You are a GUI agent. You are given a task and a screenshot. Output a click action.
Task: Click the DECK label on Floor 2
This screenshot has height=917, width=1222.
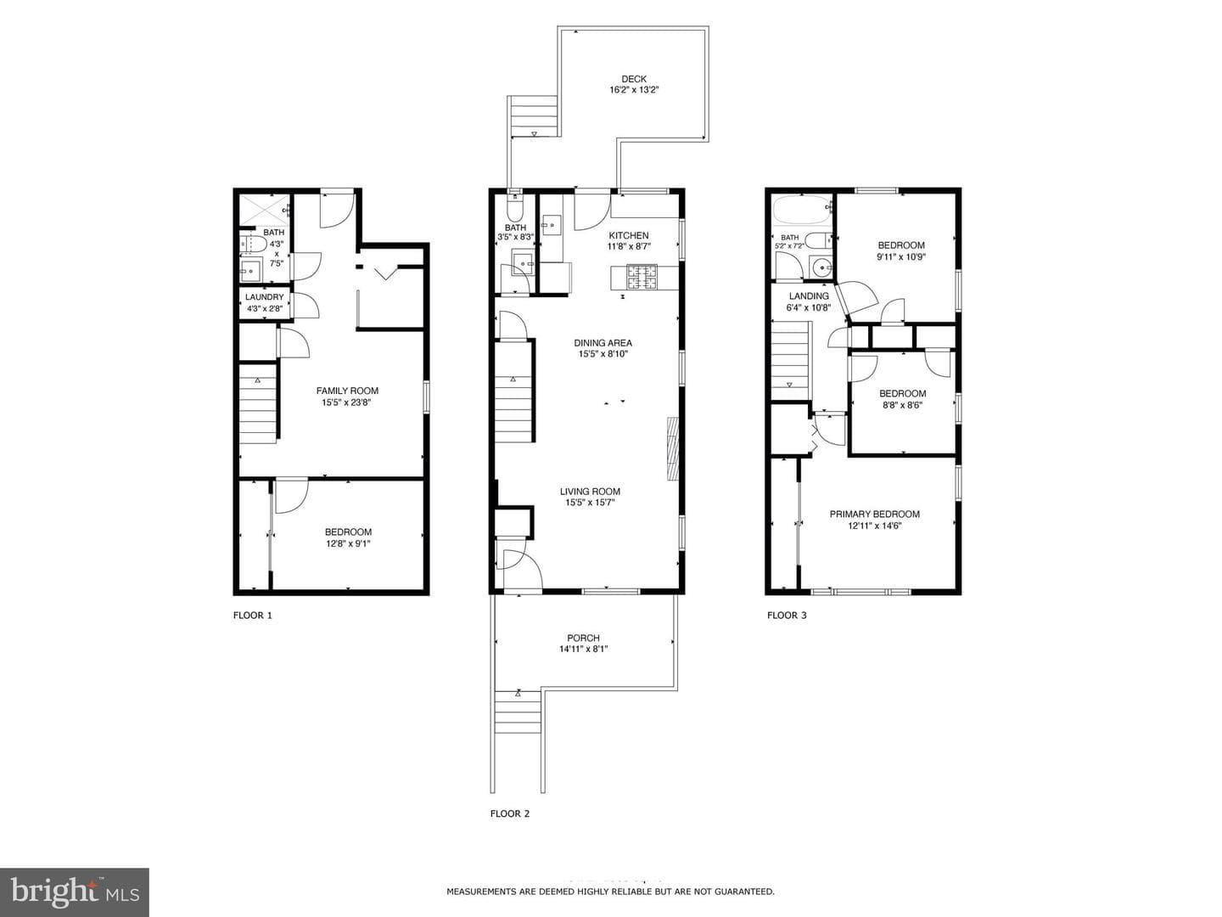coord(634,79)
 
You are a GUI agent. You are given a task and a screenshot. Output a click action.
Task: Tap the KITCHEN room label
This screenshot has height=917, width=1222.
coord(629,235)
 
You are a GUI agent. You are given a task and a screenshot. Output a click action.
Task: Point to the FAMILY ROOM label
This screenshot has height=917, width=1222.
coord(347,391)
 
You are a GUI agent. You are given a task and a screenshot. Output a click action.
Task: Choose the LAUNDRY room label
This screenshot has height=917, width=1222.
coord(265,297)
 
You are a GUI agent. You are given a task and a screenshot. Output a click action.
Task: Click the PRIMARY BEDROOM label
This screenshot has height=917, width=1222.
coord(875,514)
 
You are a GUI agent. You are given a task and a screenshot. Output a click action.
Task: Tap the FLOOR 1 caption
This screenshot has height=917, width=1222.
coord(253,616)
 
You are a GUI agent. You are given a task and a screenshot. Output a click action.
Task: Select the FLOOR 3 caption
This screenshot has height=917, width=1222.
coord(787,616)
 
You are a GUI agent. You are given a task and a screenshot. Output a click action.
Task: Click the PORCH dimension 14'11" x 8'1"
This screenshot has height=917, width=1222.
coord(584,649)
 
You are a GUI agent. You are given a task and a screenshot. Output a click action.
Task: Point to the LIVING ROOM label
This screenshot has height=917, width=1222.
coord(590,492)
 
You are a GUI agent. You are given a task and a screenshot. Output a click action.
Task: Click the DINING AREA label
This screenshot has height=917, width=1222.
coord(603,343)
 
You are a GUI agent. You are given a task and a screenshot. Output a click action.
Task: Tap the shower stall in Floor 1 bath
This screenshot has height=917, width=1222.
coord(265,210)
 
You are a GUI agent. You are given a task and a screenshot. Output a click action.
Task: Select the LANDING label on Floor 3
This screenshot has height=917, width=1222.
coord(809,296)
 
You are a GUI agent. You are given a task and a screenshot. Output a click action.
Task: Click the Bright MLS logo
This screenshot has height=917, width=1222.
coord(75,892)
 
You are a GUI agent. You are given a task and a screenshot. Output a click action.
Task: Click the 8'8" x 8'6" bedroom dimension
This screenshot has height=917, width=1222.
coord(902,405)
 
